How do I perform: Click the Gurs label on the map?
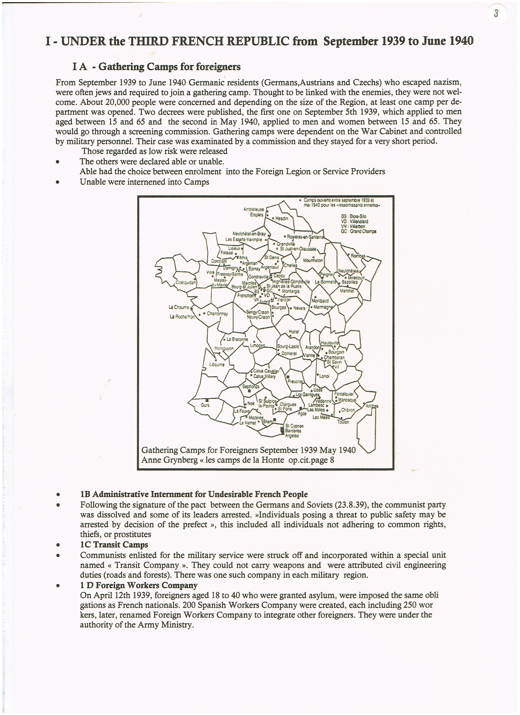(x=205, y=405)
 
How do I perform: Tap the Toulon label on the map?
(x=343, y=422)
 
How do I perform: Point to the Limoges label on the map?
(x=257, y=346)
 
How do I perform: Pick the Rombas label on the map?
(x=358, y=256)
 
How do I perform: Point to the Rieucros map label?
(x=295, y=381)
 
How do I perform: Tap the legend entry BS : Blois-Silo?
(x=354, y=217)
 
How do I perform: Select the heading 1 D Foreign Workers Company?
(x=138, y=585)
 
